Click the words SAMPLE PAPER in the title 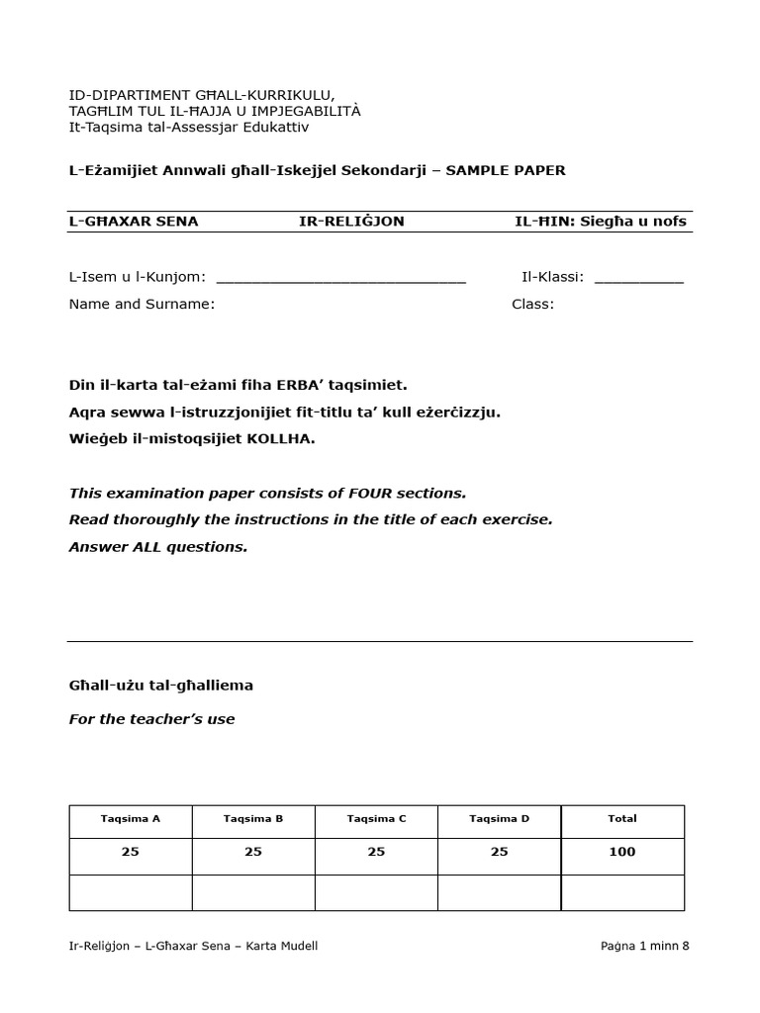(x=506, y=170)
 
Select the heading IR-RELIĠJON (x=351, y=221)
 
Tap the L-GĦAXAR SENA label (x=134, y=221)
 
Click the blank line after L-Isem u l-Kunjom (x=340, y=279)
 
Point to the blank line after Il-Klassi (x=638, y=279)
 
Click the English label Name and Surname (x=142, y=304)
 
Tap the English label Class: (x=532, y=304)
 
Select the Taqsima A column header (x=131, y=818)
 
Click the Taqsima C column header (x=376, y=818)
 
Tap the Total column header (x=622, y=818)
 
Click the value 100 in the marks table (x=622, y=852)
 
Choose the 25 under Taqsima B (x=253, y=852)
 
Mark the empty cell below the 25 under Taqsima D (x=499, y=892)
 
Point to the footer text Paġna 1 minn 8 (x=644, y=946)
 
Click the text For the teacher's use (x=152, y=719)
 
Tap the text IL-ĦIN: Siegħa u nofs (x=600, y=221)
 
